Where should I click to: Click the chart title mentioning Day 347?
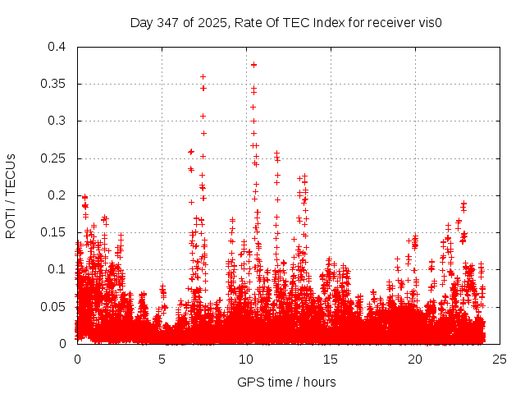point(286,22)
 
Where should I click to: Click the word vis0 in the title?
point(428,22)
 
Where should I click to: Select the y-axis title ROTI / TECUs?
point(11,195)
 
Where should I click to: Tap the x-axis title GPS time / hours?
point(286,382)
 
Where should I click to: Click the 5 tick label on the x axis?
point(162,359)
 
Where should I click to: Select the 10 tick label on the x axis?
point(246,359)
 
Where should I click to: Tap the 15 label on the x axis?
point(331,359)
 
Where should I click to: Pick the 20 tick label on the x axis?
point(415,359)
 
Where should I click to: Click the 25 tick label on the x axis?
point(500,359)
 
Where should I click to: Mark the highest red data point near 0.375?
point(253,65)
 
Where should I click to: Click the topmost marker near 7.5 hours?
point(203,76)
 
